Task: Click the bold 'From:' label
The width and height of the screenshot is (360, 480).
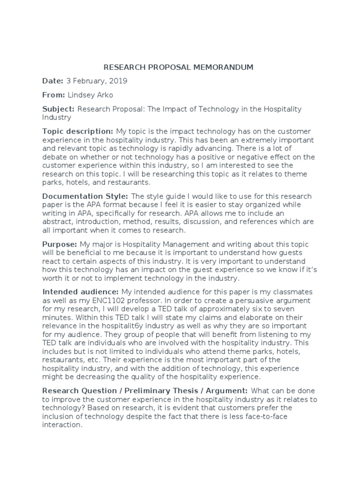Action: pos(53,95)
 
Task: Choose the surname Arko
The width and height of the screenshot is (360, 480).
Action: pos(105,95)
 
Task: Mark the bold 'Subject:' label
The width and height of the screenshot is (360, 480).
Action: pos(59,109)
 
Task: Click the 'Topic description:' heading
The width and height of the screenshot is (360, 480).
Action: pos(78,131)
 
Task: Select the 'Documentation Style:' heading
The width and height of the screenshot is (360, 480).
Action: pos(86,196)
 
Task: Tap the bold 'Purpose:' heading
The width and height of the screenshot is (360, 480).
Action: pos(60,244)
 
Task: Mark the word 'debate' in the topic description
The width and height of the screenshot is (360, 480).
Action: pos(54,157)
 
